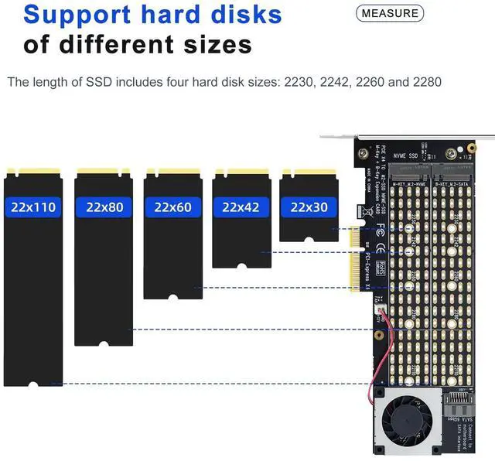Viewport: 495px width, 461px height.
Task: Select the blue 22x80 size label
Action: click(x=104, y=207)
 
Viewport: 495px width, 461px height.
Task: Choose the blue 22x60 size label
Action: click(x=172, y=207)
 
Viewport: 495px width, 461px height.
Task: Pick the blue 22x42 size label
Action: click(x=241, y=207)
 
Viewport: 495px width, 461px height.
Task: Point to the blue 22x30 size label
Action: click(x=309, y=207)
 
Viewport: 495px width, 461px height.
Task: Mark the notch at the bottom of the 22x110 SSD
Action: click(x=32, y=383)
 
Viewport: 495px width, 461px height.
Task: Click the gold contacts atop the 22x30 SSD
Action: click(x=309, y=171)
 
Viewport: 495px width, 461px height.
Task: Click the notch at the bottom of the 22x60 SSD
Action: click(x=172, y=296)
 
